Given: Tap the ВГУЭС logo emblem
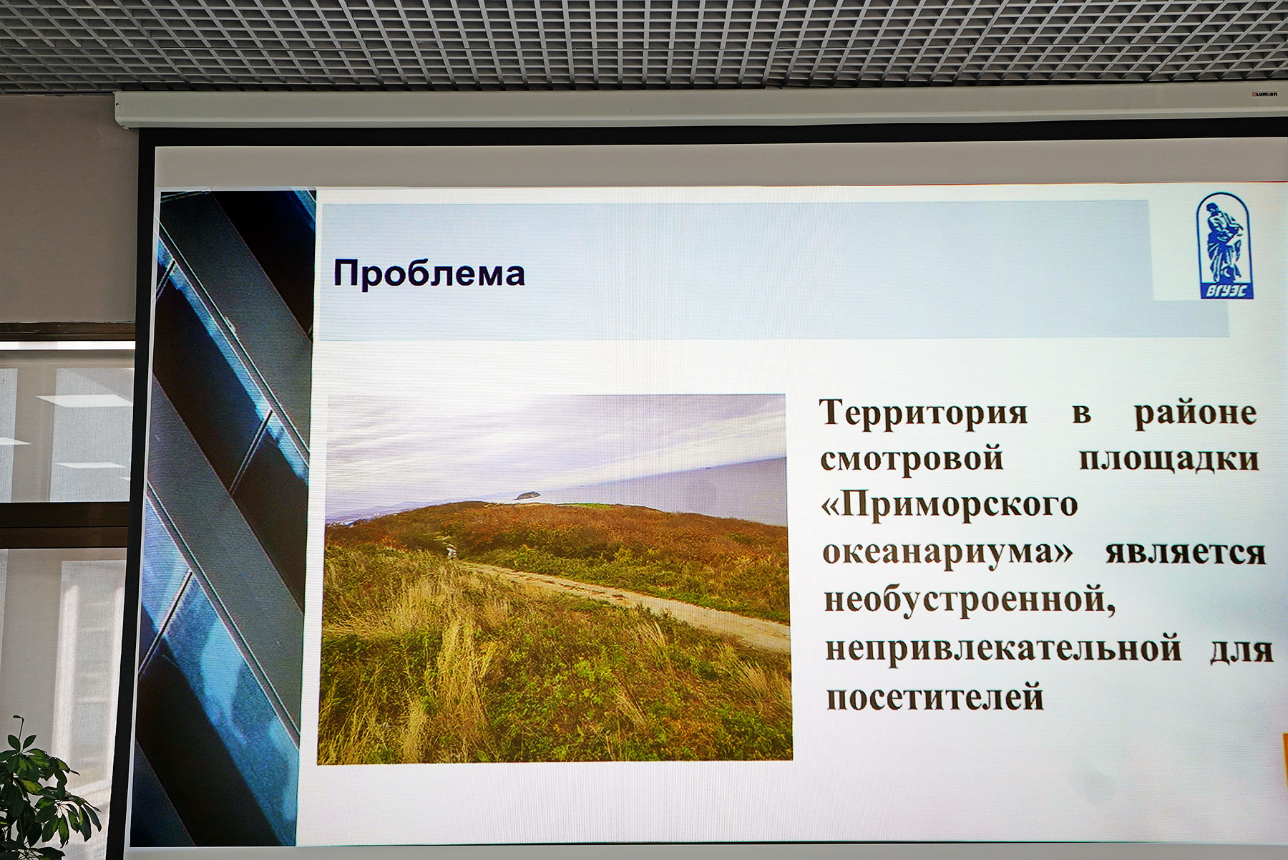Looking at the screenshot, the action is point(1224,246).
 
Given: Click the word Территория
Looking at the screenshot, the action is point(924,413).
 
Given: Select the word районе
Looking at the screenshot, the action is point(1196,414).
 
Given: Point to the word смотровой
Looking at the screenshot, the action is point(912,459).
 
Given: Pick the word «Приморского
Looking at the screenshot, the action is point(950,506).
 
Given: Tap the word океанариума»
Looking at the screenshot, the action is point(947,553).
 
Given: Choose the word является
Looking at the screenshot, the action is point(1186,554).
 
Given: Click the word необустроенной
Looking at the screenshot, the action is point(970,599).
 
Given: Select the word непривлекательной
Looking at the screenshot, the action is point(1003,648).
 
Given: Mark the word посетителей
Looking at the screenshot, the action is point(935,697).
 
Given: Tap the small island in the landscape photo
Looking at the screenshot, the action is point(528,495).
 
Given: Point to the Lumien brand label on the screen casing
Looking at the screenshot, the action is point(1264,94).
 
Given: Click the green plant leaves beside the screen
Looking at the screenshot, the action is point(39,795).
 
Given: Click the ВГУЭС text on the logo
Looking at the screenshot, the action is point(1225,291).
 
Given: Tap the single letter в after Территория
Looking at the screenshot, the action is point(1081,414).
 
